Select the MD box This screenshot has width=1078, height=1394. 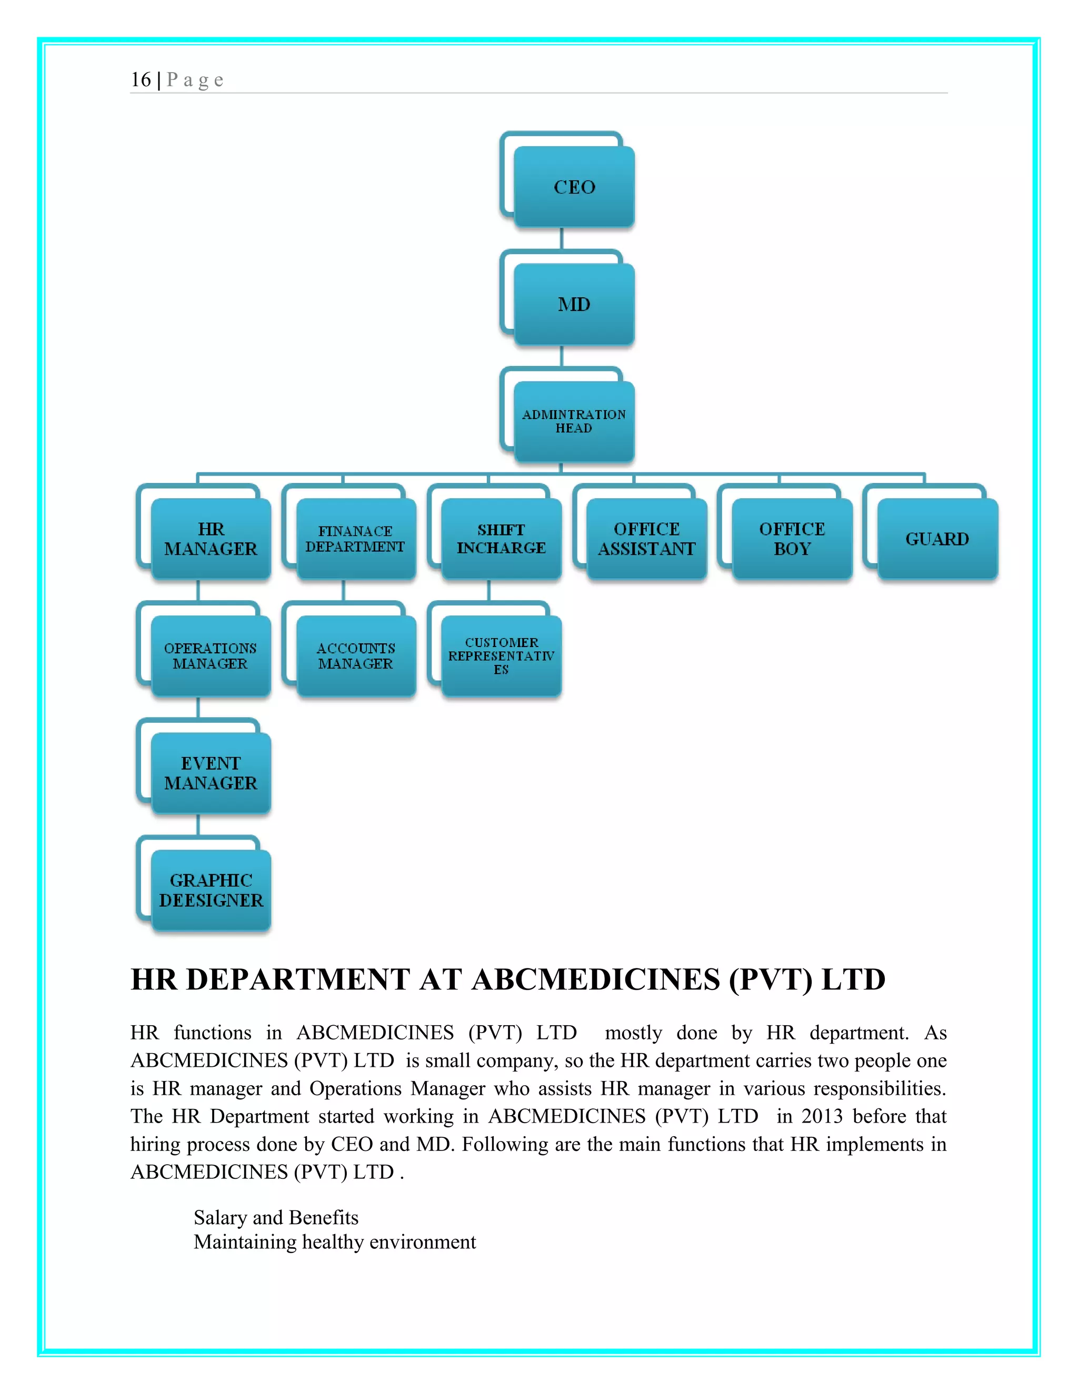[x=574, y=304]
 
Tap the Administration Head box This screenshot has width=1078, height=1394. [x=574, y=421]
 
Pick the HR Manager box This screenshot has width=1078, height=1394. [x=211, y=539]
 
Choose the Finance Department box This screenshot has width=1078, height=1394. [x=356, y=539]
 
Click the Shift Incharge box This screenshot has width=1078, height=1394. [x=501, y=539]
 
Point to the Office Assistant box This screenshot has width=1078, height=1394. [x=646, y=539]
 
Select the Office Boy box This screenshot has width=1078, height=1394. [x=792, y=539]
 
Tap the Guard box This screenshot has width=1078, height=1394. [x=937, y=539]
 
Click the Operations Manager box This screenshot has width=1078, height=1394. [x=211, y=655]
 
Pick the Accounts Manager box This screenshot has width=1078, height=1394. [x=356, y=655]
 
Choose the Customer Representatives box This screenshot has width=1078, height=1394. [x=501, y=655]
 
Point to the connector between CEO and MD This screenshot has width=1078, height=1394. [x=561, y=238]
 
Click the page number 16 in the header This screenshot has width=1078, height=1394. [x=141, y=80]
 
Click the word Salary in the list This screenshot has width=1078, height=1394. [x=221, y=1218]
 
